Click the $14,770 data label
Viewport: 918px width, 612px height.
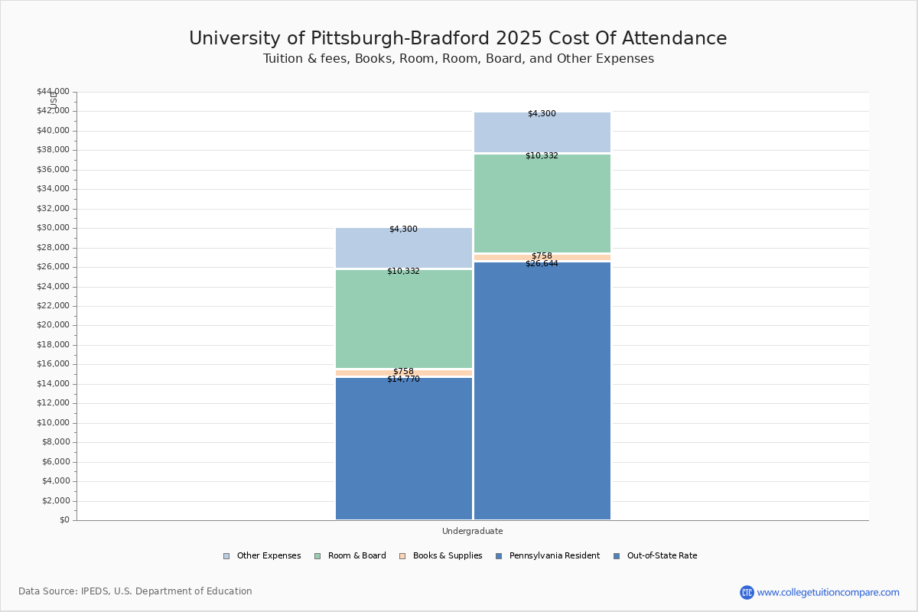(403, 379)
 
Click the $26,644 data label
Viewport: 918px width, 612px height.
(542, 264)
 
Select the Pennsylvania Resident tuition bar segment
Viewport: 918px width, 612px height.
(404, 451)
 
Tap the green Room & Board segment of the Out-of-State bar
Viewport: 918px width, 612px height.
(542, 205)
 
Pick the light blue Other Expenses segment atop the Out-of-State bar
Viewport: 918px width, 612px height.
(542, 134)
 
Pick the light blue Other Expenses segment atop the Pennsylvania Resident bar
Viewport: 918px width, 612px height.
(404, 249)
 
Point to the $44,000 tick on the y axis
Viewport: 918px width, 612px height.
(53, 92)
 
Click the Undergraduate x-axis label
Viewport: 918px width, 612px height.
(472, 531)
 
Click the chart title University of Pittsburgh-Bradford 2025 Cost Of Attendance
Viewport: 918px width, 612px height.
(458, 38)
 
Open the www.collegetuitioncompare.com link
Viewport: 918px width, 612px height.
(828, 592)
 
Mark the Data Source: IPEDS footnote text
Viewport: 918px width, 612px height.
(135, 591)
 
